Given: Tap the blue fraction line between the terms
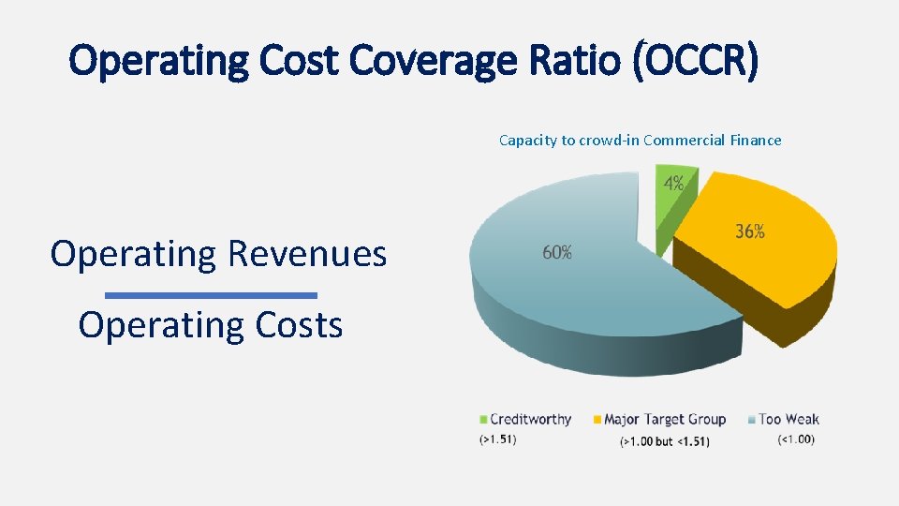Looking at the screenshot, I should [211, 295].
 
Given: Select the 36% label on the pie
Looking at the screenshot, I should [749, 231].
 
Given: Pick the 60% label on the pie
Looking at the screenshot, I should [557, 252].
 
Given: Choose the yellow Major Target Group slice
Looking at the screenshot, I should [759, 253].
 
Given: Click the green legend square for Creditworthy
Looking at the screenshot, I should [483, 420].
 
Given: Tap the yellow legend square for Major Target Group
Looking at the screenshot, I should [597, 420].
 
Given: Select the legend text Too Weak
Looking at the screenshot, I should [788, 419].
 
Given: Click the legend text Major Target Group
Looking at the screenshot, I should [665, 419].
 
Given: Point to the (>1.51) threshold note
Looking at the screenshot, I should [497, 439].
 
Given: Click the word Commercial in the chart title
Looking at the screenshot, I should [684, 141].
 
